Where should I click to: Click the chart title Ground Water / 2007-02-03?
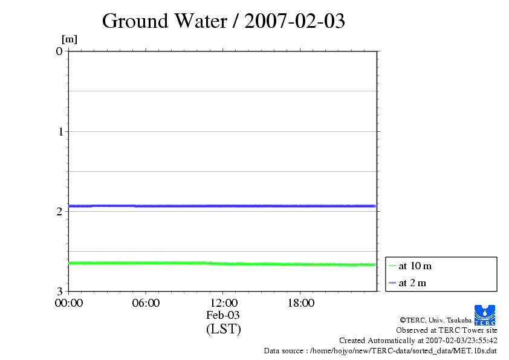[224, 21]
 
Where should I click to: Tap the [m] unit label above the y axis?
[70, 40]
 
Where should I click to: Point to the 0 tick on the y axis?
[59, 51]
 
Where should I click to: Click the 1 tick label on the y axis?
[59, 131]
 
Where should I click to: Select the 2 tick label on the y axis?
[59, 211]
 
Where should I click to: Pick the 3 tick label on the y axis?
[59, 291]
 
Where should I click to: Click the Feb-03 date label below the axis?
[223, 315]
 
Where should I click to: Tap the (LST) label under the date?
[223, 329]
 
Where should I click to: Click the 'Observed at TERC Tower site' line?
[447, 330]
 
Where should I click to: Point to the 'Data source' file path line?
[380, 351]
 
